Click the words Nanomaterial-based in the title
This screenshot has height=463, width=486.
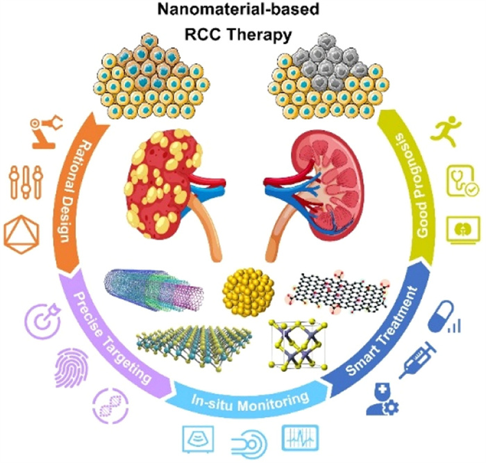pyautogui.click(x=244, y=12)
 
